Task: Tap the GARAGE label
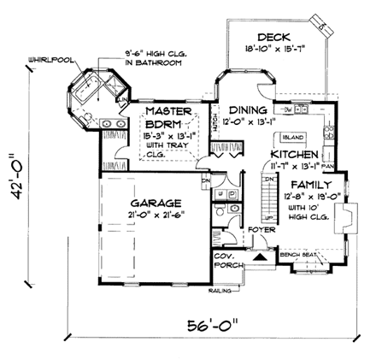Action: tap(155, 203)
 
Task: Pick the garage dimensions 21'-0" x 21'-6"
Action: tap(155, 215)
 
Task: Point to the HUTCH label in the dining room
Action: tap(214, 122)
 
